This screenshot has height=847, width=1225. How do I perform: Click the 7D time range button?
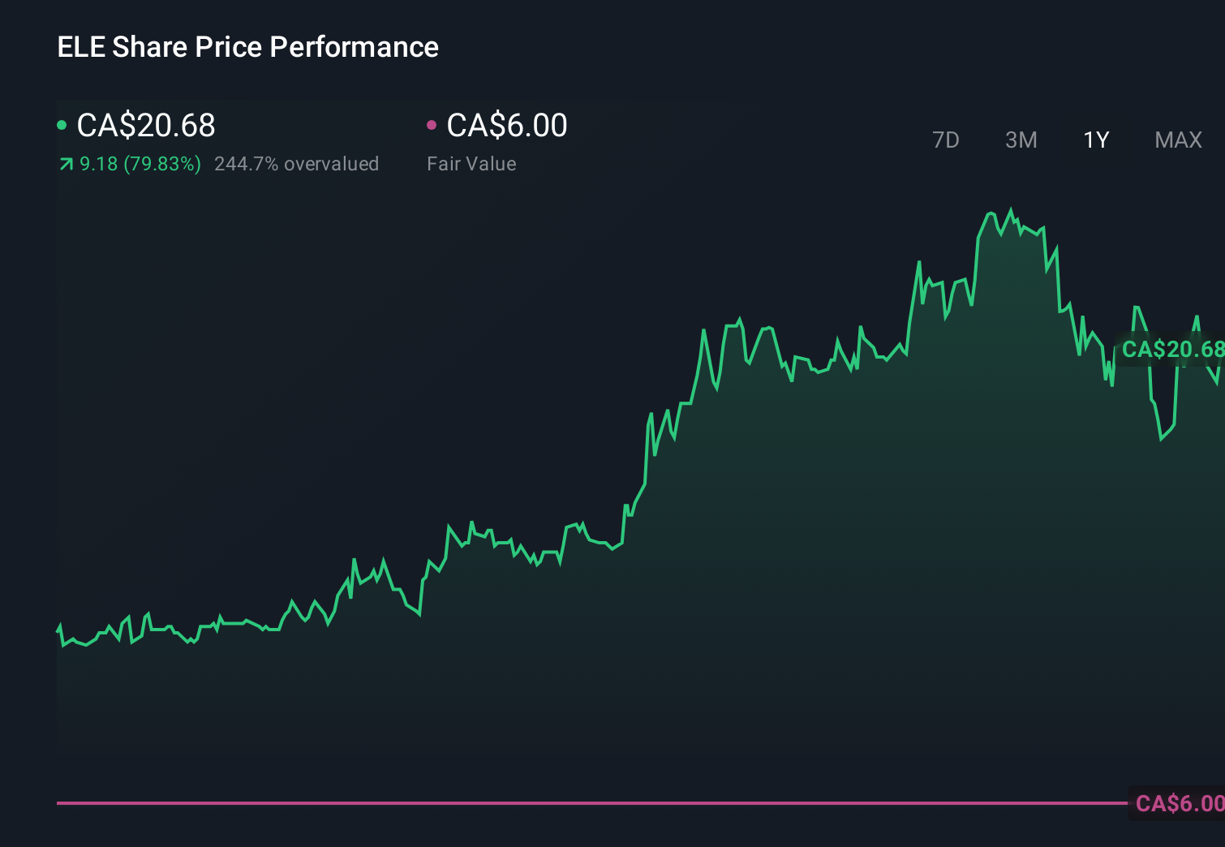[945, 140]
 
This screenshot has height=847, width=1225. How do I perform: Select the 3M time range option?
[1021, 140]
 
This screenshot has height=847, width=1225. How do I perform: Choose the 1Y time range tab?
[1096, 140]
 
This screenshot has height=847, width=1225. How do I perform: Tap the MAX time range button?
[1178, 140]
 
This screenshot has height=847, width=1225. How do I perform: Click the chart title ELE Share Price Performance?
[247, 47]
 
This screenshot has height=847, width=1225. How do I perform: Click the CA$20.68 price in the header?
[146, 126]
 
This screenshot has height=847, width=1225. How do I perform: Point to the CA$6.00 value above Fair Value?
[507, 126]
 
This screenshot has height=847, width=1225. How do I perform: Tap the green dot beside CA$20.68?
[62, 125]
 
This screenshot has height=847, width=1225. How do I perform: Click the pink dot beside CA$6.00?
[432, 125]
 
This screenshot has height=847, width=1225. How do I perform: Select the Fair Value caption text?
[471, 164]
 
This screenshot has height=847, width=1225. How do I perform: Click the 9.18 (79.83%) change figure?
[140, 164]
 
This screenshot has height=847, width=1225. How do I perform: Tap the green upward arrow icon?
[66, 165]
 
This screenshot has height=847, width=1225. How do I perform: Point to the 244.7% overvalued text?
[296, 164]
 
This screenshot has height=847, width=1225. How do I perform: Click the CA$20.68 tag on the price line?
[1171, 350]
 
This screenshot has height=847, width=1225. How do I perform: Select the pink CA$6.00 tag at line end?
[1179, 803]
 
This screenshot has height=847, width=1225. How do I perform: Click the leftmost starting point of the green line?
[58, 629]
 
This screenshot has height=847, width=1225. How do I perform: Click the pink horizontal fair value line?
[568, 803]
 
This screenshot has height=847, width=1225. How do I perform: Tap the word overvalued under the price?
[331, 164]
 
